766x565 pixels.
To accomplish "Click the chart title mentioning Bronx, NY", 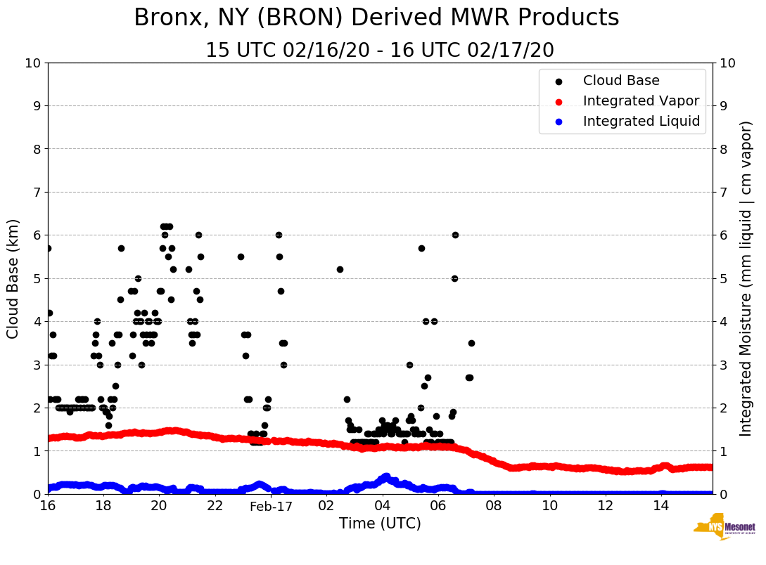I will click(x=376, y=18).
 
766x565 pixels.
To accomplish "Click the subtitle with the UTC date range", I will click(x=379, y=51).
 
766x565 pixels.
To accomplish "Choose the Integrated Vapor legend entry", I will click(x=641, y=101).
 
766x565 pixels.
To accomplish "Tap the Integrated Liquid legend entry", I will click(x=641, y=122).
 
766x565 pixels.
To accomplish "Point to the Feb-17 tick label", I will click(x=271, y=506).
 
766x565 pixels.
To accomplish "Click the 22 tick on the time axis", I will click(x=215, y=506).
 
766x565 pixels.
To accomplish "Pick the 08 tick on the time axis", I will click(x=494, y=506).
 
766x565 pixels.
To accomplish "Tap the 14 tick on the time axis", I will click(x=660, y=506).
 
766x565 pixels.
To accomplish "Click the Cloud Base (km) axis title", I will click(x=13, y=278).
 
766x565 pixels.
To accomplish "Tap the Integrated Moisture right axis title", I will click(x=747, y=278).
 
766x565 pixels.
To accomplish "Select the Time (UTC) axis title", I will click(x=380, y=524).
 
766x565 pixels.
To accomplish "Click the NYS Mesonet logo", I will click(x=724, y=526).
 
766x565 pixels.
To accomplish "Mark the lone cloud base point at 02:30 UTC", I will click(x=340, y=269).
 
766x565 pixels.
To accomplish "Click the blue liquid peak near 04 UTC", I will click(x=385, y=477).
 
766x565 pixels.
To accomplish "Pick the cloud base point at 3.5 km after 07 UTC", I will click(x=471, y=343).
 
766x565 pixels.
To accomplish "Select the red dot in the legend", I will click(x=559, y=101).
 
